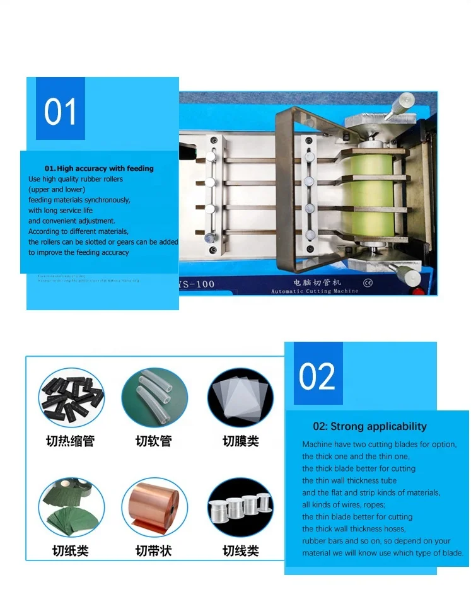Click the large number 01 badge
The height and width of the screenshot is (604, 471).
click(61, 111)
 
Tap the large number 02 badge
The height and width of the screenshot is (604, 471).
click(317, 376)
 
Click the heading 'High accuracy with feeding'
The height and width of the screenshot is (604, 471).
click(99, 168)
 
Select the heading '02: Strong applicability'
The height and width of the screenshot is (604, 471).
click(369, 427)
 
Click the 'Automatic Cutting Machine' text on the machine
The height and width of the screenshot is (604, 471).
click(315, 291)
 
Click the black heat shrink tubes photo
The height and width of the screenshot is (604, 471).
click(71, 398)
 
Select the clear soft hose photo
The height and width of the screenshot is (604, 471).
click(154, 398)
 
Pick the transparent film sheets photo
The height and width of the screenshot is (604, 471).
click(240, 398)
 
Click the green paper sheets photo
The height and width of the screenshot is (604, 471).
click(71, 507)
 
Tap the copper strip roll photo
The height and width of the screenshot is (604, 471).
click(154, 507)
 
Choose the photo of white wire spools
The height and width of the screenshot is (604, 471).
click(240, 507)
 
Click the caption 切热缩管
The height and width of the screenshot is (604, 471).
click(70, 441)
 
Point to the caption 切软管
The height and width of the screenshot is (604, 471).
click(154, 441)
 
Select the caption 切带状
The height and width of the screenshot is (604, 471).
click(154, 550)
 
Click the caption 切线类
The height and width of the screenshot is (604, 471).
click(240, 550)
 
